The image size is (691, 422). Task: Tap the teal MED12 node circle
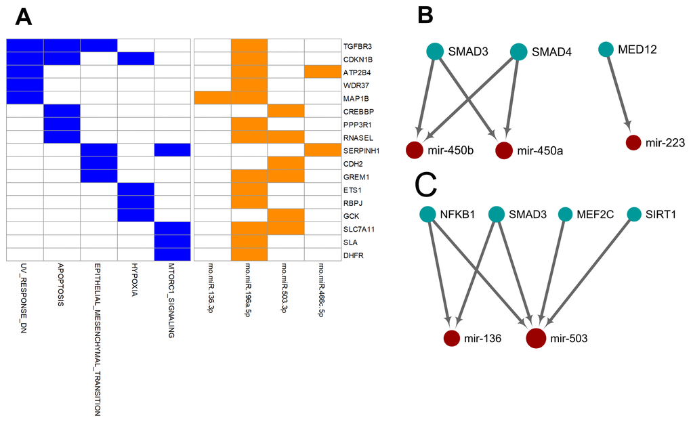point(606,49)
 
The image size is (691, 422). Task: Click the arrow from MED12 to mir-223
point(619,96)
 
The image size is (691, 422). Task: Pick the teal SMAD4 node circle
point(519,51)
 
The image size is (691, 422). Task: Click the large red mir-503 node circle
point(537,337)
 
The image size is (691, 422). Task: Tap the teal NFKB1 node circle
point(427,215)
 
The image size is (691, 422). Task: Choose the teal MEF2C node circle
point(566,215)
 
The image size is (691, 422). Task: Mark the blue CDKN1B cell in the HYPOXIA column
point(135,59)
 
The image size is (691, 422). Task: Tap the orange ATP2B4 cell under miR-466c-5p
point(322,72)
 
